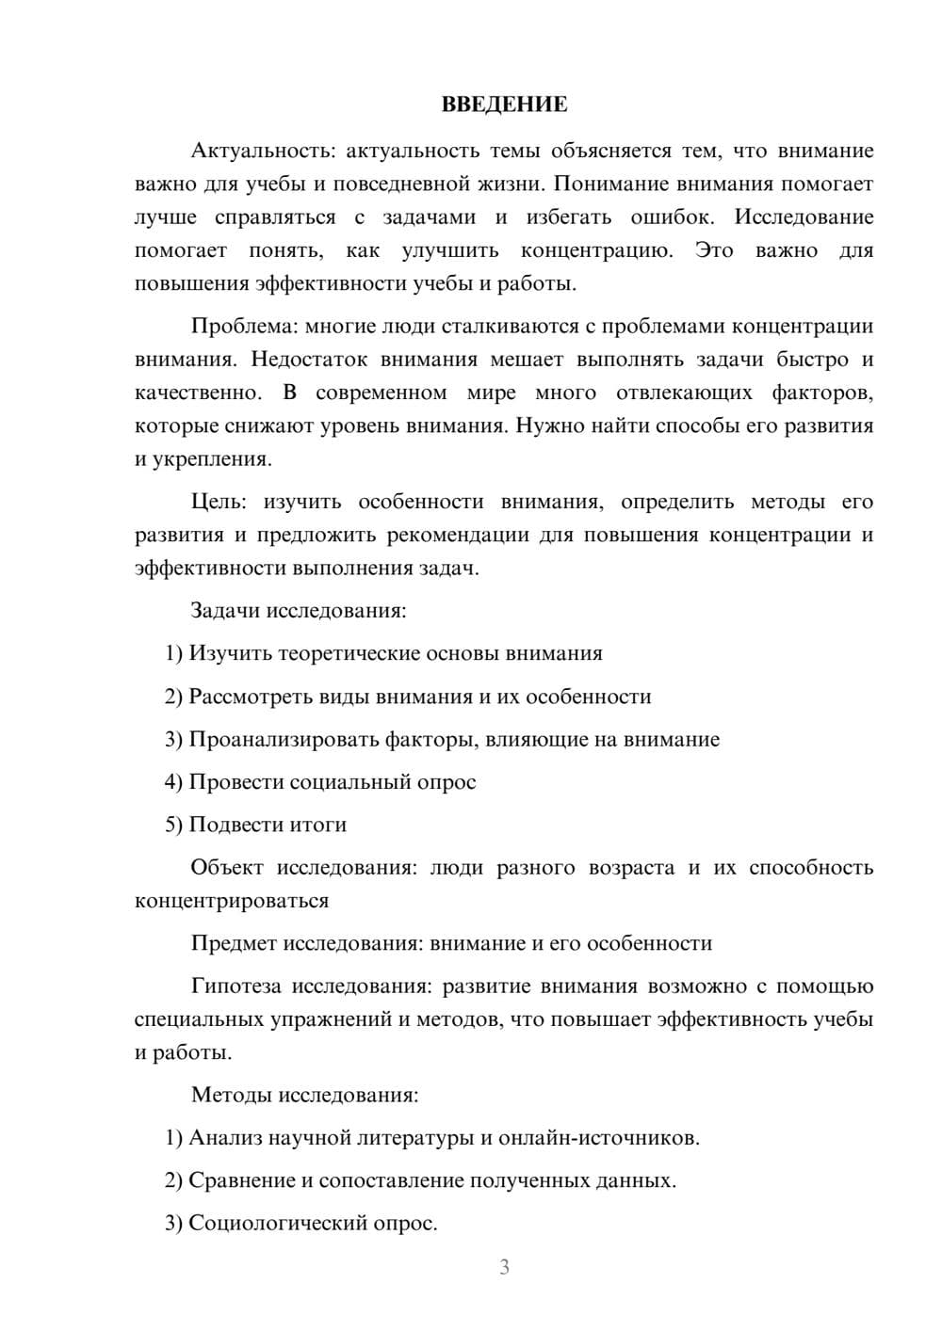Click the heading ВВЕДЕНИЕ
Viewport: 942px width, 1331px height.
click(x=504, y=104)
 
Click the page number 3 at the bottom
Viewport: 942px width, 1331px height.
click(x=504, y=1267)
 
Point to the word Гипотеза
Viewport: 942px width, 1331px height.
click(x=235, y=986)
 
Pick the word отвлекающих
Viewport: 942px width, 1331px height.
click(x=684, y=393)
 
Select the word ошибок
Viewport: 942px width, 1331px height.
click(x=671, y=217)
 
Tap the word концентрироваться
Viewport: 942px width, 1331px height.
click(x=232, y=901)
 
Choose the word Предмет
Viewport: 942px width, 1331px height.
click(x=233, y=943)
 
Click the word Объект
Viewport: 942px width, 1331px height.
click(x=227, y=868)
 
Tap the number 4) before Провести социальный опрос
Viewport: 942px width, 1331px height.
click(x=173, y=782)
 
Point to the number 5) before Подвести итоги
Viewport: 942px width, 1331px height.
click(x=173, y=825)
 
